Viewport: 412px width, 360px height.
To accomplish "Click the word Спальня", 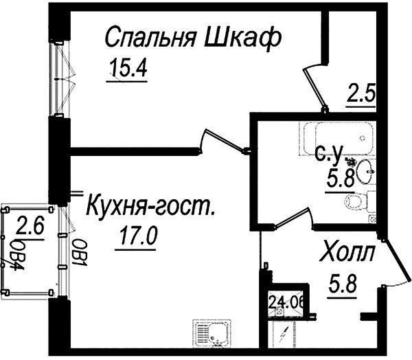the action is click(151, 36).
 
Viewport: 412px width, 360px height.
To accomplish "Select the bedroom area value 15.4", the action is click(128, 67).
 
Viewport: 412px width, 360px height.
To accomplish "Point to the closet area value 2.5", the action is click(361, 92).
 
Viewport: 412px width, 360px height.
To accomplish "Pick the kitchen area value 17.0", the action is click(138, 236).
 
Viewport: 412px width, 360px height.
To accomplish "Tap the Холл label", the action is click(347, 252).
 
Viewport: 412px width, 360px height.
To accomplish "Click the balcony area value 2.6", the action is click(30, 225).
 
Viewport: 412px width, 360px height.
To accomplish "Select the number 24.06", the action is click(286, 303).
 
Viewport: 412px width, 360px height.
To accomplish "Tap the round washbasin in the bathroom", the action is click(365, 171).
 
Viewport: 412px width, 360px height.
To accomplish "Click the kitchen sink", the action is click(212, 334).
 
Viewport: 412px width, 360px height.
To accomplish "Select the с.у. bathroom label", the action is click(330, 155).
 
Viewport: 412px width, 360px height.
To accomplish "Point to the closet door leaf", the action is click(314, 89).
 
